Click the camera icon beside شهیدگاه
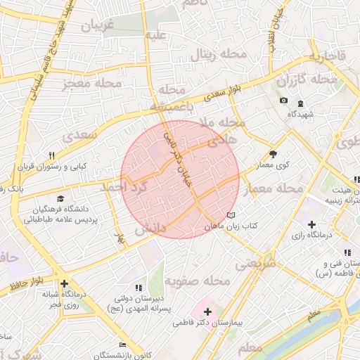283,101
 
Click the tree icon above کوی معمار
274,154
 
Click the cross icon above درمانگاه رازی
311,224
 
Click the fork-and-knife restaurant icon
51,155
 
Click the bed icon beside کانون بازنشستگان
122,345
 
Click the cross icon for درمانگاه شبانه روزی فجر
64,284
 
